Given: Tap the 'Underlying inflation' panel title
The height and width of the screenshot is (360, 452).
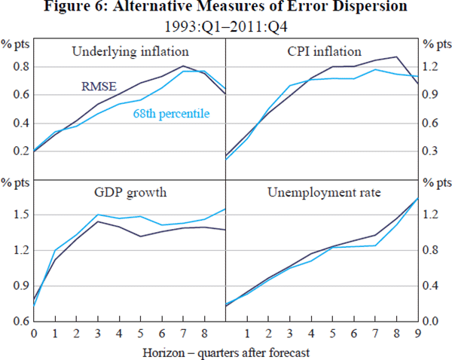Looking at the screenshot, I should coord(130,52).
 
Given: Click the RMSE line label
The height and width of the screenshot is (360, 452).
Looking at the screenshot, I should coord(99,86).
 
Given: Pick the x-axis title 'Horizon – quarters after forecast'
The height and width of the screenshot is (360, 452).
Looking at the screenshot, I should coord(226,350).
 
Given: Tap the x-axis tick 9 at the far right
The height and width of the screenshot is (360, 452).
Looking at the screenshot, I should coord(418,332).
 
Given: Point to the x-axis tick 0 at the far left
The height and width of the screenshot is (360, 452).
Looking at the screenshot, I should coord(34,332).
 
